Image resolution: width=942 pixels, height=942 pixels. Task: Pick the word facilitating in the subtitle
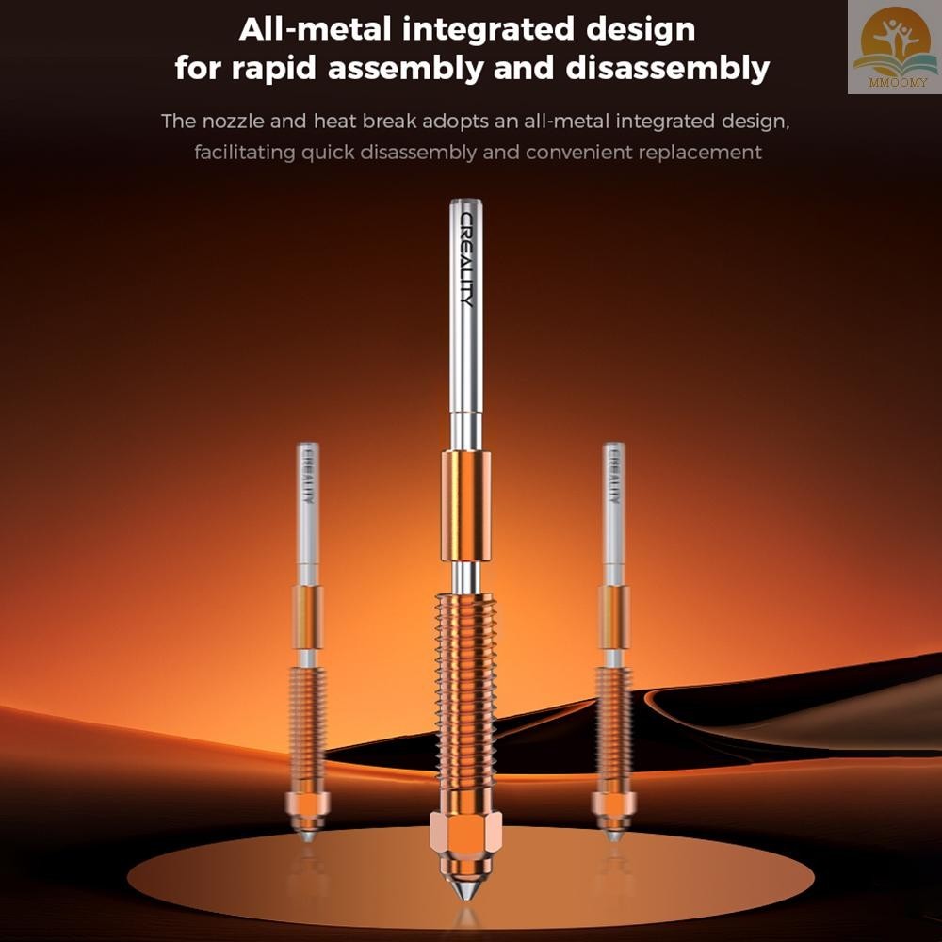245,153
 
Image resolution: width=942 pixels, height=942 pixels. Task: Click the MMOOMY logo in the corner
895,47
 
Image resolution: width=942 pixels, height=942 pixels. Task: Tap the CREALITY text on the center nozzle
467,259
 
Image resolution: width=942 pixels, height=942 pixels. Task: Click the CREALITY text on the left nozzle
308,475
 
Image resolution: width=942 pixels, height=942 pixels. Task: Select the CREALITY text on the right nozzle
613,475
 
